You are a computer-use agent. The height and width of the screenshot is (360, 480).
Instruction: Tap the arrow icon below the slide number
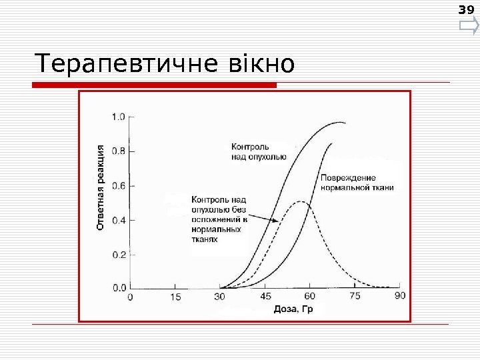[x=469, y=27]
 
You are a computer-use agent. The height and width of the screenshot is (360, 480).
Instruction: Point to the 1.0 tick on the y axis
[x=118, y=117]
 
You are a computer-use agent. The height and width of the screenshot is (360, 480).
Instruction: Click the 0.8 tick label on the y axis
[x=118, y=151]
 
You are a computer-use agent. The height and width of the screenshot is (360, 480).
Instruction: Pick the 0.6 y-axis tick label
[x=118, y=185]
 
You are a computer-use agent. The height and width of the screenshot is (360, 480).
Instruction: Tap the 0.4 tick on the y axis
[x=118, y=219]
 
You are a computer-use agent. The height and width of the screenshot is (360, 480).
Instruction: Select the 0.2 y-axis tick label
[x=118, y=254]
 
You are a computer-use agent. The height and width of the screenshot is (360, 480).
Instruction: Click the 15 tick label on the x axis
[x=175, y=296]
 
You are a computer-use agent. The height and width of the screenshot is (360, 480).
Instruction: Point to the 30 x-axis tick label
[x=220, y=296]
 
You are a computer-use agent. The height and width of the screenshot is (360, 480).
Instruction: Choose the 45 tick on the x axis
[x=265, y=296]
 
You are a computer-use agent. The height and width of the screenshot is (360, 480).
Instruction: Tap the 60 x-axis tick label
[x=310, y=296]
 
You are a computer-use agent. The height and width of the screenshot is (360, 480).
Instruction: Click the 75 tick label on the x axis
[x=355, y=296]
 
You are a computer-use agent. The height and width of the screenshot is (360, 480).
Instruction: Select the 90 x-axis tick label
[x=399, y=296]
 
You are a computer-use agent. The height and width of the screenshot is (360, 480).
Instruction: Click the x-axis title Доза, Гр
[x=293, y=309]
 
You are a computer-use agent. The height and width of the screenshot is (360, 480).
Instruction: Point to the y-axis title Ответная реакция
[x=101, y=187]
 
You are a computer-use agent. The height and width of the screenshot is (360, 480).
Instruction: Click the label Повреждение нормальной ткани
[x=357, y=183]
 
